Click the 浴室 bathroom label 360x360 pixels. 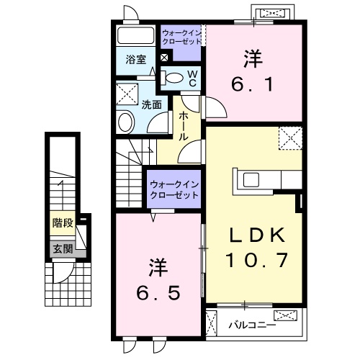[x=137, y=60]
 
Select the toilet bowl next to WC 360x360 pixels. [x=174, y=78]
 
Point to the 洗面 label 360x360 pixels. [x=150, y=104]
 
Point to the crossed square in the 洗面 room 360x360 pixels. [x=128, y=92]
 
